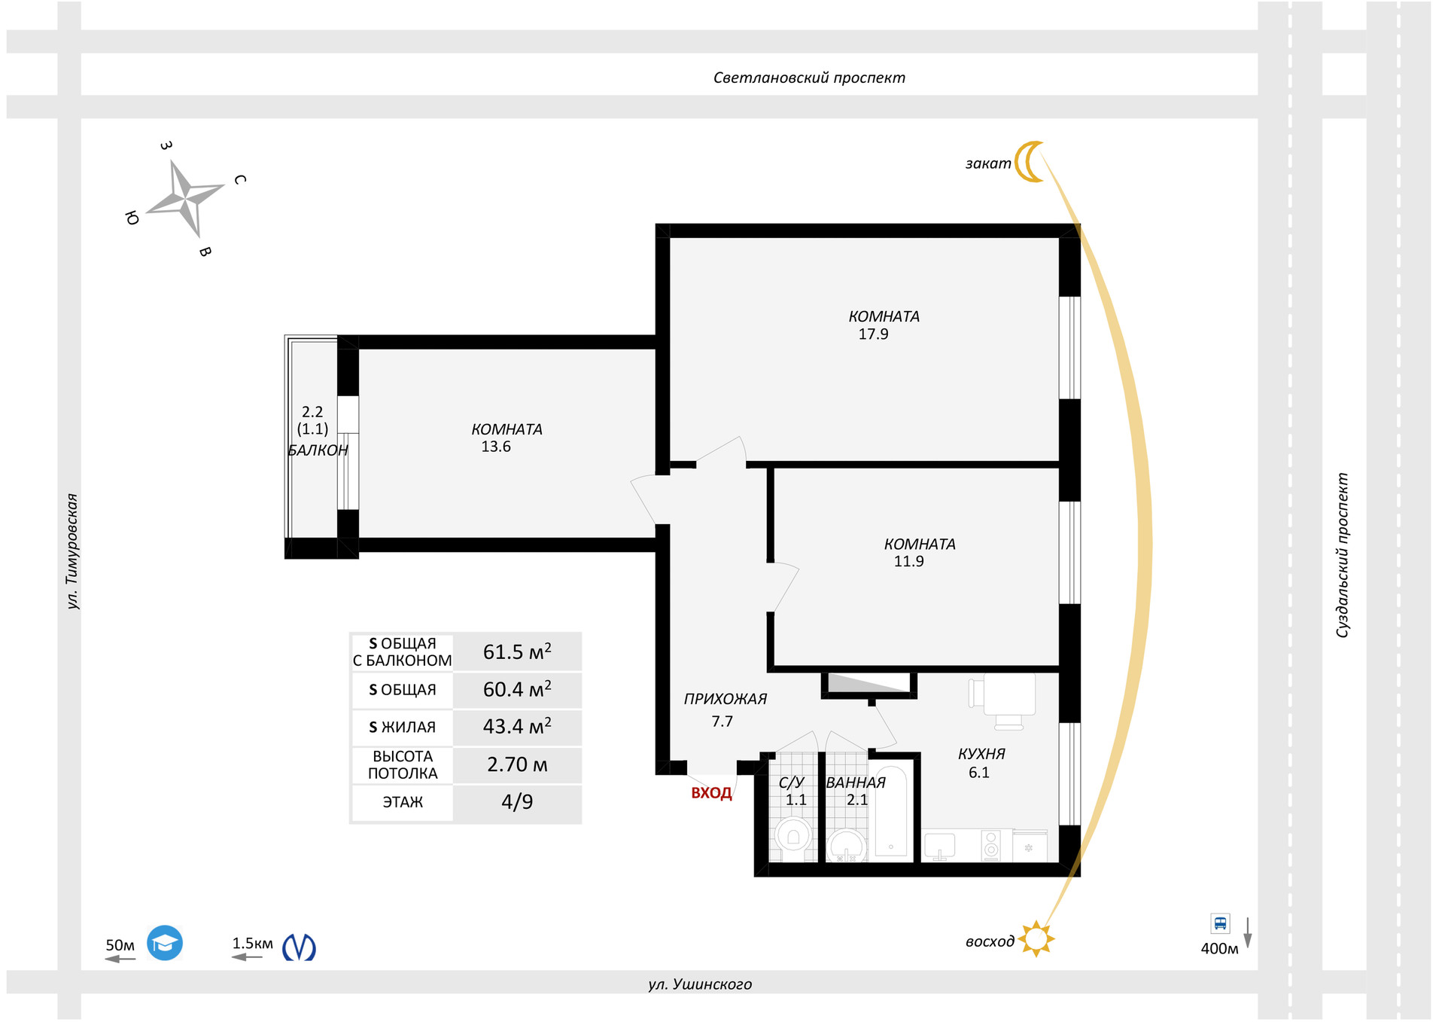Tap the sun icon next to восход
[1036, 939]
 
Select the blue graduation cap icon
[165, 943]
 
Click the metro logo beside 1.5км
[299, 947]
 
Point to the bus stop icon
[1220, 923]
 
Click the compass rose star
[185, 199]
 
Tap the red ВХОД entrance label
[711, 793]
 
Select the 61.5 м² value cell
[517, 652]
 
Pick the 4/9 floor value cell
[517, 802]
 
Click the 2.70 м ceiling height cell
[517, 764]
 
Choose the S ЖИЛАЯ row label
[402, 728]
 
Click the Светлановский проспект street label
[809, 78]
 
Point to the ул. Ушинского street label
[700, 984]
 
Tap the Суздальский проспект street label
[1342, 555]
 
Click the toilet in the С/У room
[792, 839]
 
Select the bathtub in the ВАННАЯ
[891, 813]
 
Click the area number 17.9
[873, 334]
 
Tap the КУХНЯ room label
[981, 754]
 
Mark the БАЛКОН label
[318, 450]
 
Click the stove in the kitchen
[991, 845]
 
